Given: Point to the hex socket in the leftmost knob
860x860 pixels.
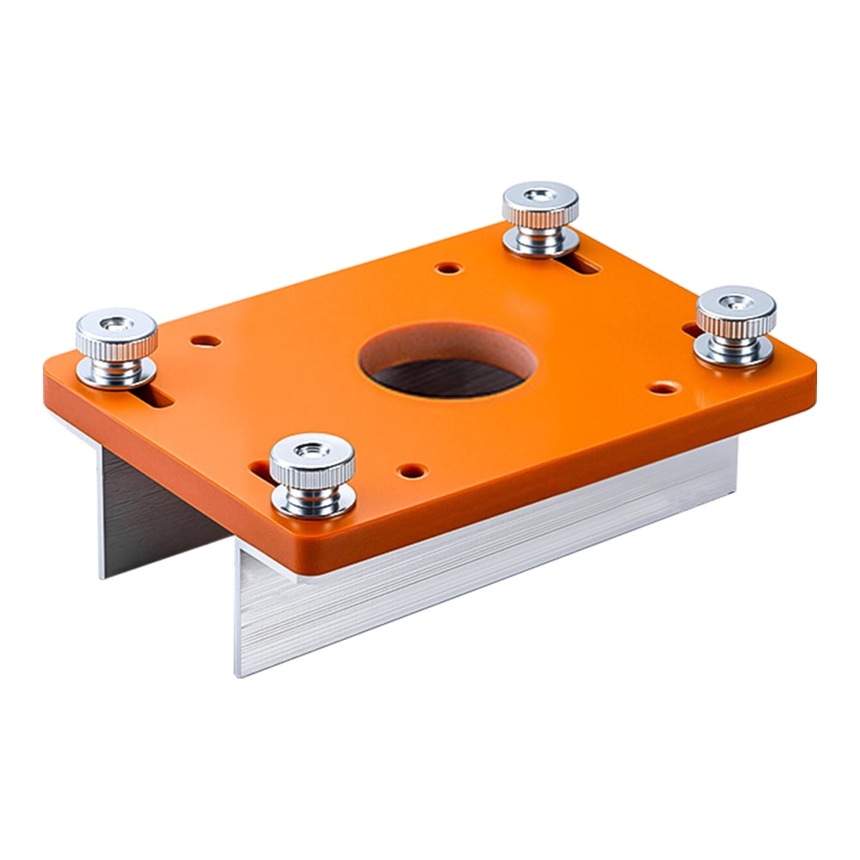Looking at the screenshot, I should pos(116,323).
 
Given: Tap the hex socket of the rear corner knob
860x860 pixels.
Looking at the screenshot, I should pos(540,195).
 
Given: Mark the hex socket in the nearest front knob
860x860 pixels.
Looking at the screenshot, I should pos(312,448).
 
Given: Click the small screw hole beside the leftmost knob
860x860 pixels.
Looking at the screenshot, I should pos(205,341).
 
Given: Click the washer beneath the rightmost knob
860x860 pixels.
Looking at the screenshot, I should pos(734,353).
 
